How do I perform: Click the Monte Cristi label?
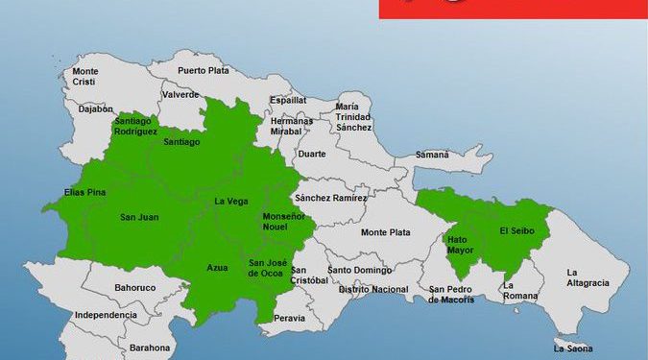point(85,77)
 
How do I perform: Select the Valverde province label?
point(181,95)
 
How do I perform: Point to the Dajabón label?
point(96,109)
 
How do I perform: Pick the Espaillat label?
point(288,99)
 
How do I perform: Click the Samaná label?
point(433,155)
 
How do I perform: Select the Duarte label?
point(311,154)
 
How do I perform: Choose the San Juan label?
point(139,217)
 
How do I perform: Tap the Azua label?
point(217,267)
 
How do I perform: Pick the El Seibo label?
point(516,230)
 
